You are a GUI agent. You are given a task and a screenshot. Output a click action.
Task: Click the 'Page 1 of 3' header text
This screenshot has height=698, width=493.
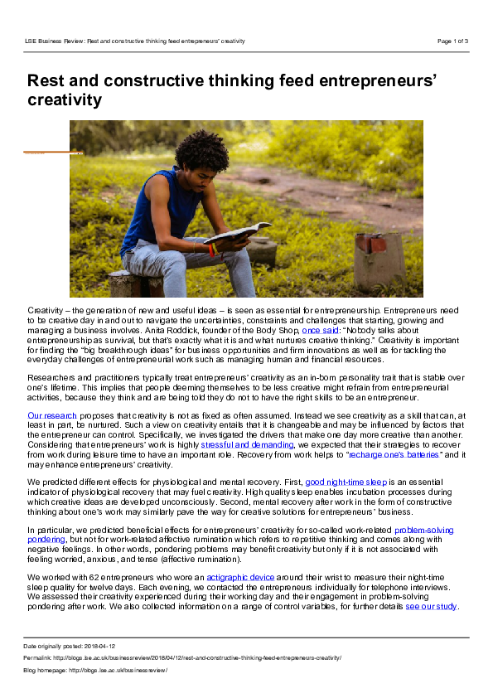click(452, 41)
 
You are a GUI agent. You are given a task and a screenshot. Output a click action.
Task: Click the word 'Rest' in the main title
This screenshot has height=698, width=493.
click(47, 80)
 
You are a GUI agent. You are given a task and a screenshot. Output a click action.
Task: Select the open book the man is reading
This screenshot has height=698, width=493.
click(237, 233)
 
